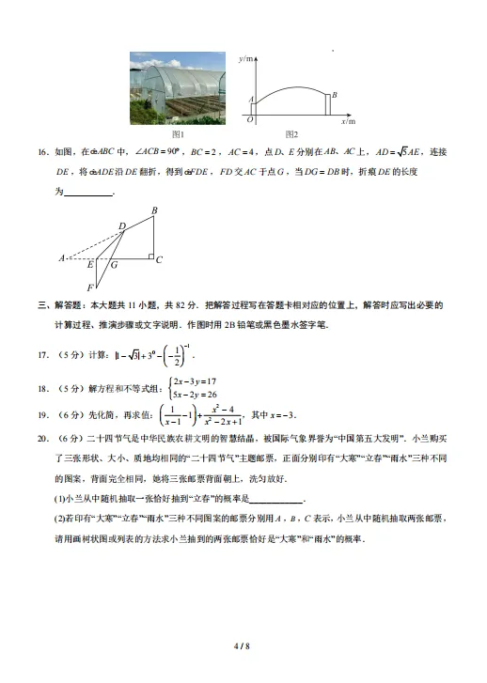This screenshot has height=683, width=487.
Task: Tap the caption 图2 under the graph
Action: point(291,134)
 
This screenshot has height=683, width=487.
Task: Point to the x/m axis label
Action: point(349,121)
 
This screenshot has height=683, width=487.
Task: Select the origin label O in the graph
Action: point(249,120)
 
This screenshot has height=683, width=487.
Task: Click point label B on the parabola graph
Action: point(335,95)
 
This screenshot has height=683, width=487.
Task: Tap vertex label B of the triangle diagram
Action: point(154,210)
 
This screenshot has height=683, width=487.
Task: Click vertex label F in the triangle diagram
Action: point(90,287)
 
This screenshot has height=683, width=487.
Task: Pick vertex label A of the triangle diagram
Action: point(61,257)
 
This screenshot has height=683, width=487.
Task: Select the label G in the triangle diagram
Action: point(114,265)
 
